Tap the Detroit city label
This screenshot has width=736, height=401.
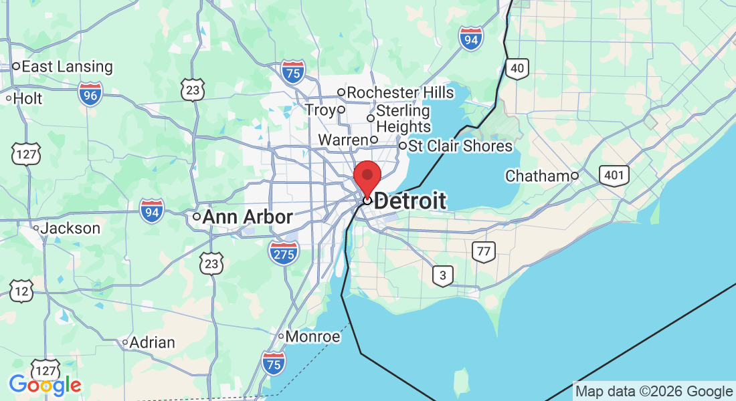click(409, 200)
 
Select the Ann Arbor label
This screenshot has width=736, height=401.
click(247, 217)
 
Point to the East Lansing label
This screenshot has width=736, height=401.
click(67, 67)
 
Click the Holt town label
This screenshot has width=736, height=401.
click(27, 99)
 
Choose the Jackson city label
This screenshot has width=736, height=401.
click(70, 229)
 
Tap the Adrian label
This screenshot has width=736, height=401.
click(152, 343)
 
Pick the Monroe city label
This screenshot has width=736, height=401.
click(312, 336)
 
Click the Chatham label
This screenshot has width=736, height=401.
click(537, 176)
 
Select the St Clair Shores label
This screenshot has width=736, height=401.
click(460, 146)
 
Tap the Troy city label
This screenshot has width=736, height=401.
click(320, 110)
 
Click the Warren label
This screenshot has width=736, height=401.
click(343, 140)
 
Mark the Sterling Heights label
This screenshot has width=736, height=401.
click(403, 118)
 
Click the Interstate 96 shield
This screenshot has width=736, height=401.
click(90, 94)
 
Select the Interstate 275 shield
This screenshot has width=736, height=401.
click(284, 253)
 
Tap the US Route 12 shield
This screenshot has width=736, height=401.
click(21, 291)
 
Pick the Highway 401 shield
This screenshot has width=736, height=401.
click(614, 176)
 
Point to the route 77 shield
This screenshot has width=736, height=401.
click(483, 252)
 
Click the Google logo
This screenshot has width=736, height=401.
click(45, 385)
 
